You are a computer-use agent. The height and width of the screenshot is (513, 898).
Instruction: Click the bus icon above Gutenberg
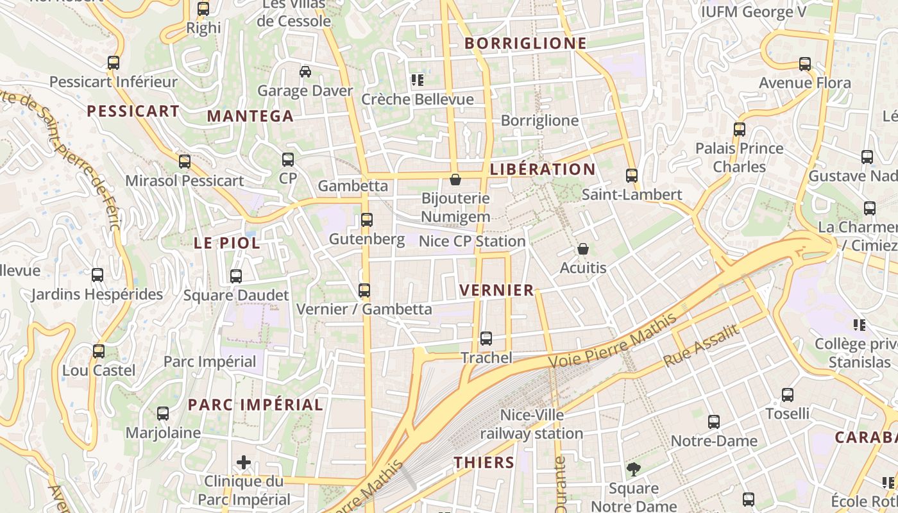(366, 220)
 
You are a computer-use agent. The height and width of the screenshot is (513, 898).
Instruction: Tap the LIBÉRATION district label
(543, 169)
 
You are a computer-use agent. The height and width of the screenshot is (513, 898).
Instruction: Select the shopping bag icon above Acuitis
(582, 248)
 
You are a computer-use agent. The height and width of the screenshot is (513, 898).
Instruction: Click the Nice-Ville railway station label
(532, 425)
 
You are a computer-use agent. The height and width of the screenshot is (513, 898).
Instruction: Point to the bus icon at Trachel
(486, 339)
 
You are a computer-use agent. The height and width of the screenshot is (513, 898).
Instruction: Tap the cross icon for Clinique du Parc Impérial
(244, 462)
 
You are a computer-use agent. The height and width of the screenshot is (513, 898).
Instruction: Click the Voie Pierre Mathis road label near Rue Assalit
(613, 342)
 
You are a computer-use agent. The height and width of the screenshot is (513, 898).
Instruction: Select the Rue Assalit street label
(701, 346)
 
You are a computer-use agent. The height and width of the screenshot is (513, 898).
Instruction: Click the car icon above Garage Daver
(305, 71)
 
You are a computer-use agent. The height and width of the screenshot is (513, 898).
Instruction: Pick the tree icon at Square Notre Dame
(633, 469)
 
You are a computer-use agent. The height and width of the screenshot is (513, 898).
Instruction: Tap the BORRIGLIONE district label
(525, 44)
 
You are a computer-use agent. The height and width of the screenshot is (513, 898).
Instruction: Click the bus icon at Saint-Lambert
(631, 175)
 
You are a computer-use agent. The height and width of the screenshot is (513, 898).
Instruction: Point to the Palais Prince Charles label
(739, 157)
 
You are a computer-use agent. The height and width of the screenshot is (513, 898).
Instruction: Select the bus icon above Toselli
(787, 395)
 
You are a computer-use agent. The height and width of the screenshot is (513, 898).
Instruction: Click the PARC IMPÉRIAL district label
(255, 405)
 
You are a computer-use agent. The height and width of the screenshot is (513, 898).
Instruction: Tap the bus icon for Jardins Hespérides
(97, 275)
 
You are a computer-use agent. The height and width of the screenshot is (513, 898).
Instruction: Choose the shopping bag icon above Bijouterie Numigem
(455, 180)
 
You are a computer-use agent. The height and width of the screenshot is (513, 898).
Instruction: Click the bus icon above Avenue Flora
(804, 64)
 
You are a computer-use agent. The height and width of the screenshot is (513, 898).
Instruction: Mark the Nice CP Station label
(471, 241)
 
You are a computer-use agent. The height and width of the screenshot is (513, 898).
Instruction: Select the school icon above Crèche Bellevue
(418, 80)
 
